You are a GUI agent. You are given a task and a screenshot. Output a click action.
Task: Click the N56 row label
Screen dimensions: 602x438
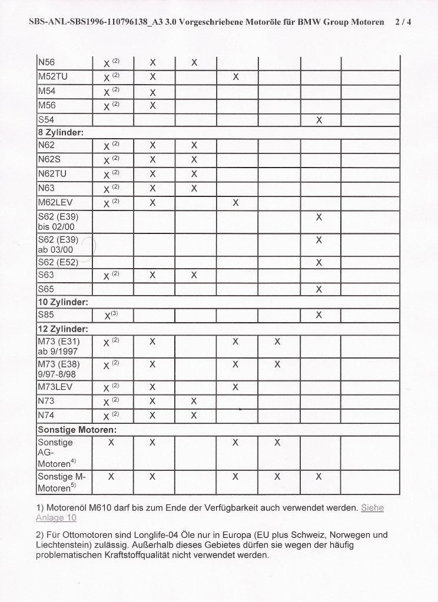click(x=46, y=62)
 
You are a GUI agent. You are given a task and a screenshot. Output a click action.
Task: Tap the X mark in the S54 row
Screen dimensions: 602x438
click(x=319, y=120)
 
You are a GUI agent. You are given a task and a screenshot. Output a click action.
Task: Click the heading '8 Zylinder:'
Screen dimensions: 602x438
click(x=61, y=133)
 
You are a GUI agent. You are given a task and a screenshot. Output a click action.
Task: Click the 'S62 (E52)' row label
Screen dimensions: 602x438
click(x=58, y=262)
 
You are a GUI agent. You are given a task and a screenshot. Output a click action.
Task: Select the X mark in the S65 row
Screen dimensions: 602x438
click(x=319, y=289)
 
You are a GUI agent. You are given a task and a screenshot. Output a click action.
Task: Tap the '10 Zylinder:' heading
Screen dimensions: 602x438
click(x=63, y=302)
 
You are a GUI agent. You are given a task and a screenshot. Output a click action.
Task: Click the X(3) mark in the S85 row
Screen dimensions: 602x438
click(x=111, y=315)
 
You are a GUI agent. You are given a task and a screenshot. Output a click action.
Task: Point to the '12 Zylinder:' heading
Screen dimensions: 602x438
click(x=63, y=329)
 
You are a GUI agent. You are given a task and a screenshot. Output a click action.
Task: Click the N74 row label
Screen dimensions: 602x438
click(x=46, y=416)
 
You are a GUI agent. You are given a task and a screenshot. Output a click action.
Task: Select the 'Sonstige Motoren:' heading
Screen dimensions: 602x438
click(x=77, y=430)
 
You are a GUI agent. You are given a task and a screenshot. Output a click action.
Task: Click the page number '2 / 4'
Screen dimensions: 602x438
click(x=403, y=22)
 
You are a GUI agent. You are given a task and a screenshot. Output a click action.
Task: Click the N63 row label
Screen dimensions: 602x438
click(x=46, y=188)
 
